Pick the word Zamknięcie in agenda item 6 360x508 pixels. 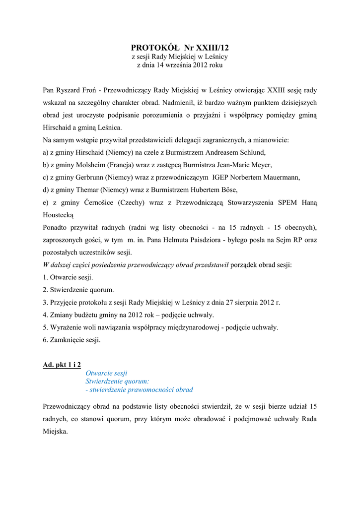pos(67,340)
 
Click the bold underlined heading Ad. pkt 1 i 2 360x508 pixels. pos(62,365)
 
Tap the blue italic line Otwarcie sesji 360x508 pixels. pos(106,373)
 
